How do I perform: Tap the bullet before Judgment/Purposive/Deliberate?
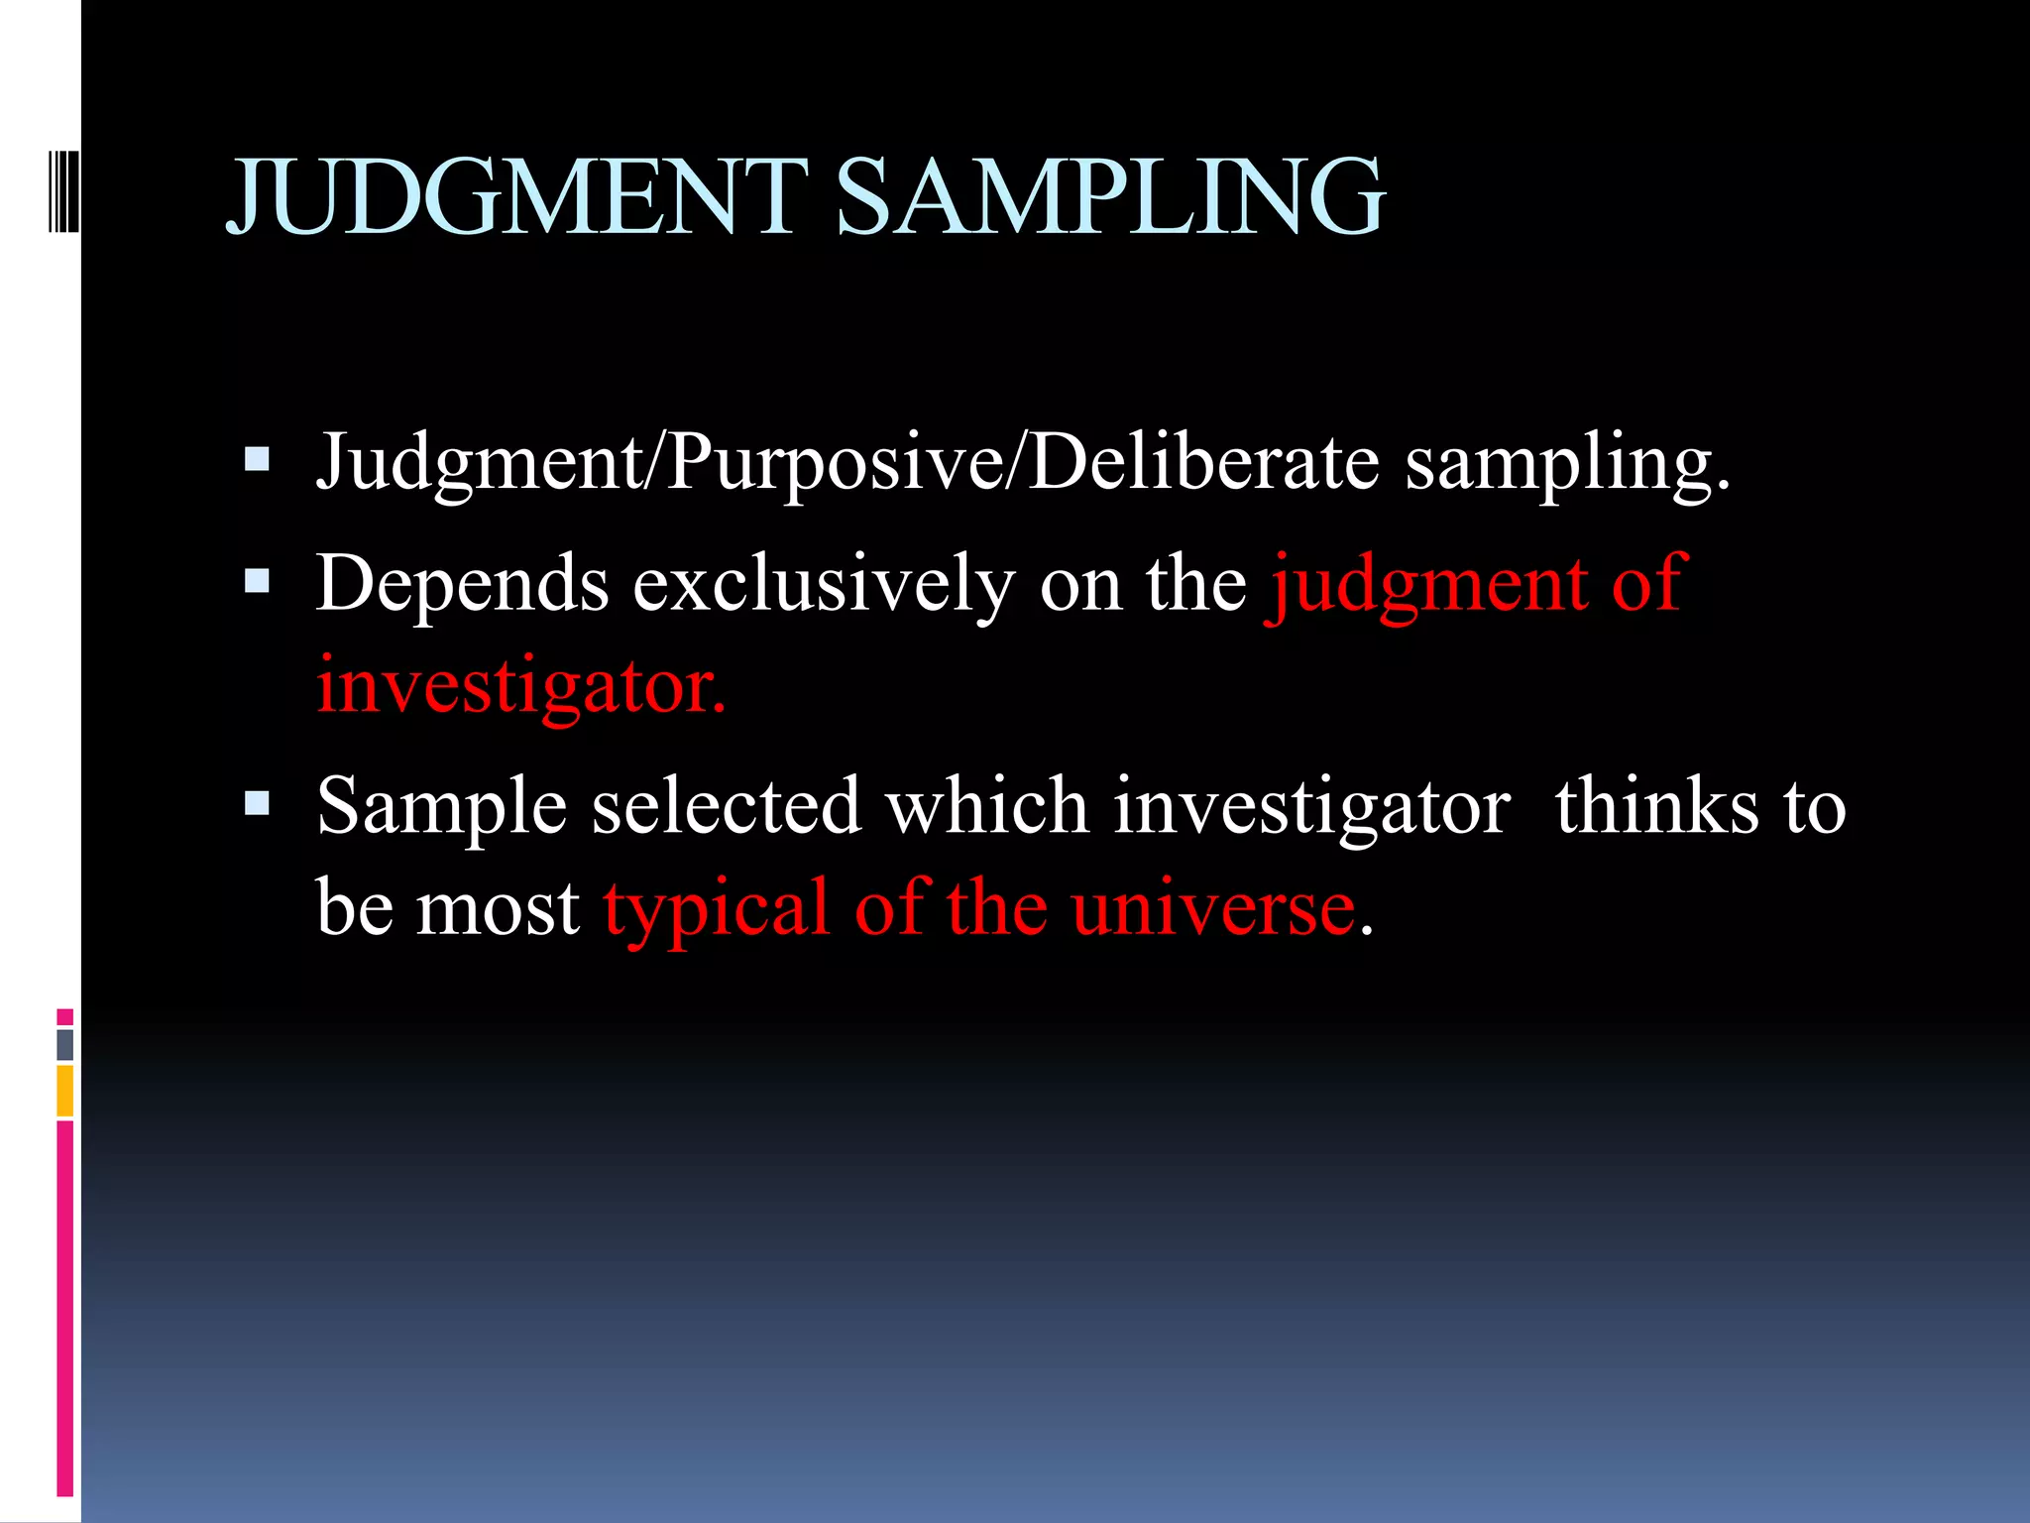[257, 459]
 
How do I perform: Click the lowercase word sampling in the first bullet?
[1566, 464]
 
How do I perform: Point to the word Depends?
[462, 585]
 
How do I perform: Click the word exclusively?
[824, 585]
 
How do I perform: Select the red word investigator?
[520, 686]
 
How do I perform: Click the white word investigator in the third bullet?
[1311, 807]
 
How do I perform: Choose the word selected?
[726, 805]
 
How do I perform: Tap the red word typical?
[716, 910]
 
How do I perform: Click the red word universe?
[1212, 910]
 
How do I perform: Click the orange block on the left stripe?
[64, 1091]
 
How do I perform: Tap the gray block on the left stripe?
[64, 1044]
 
